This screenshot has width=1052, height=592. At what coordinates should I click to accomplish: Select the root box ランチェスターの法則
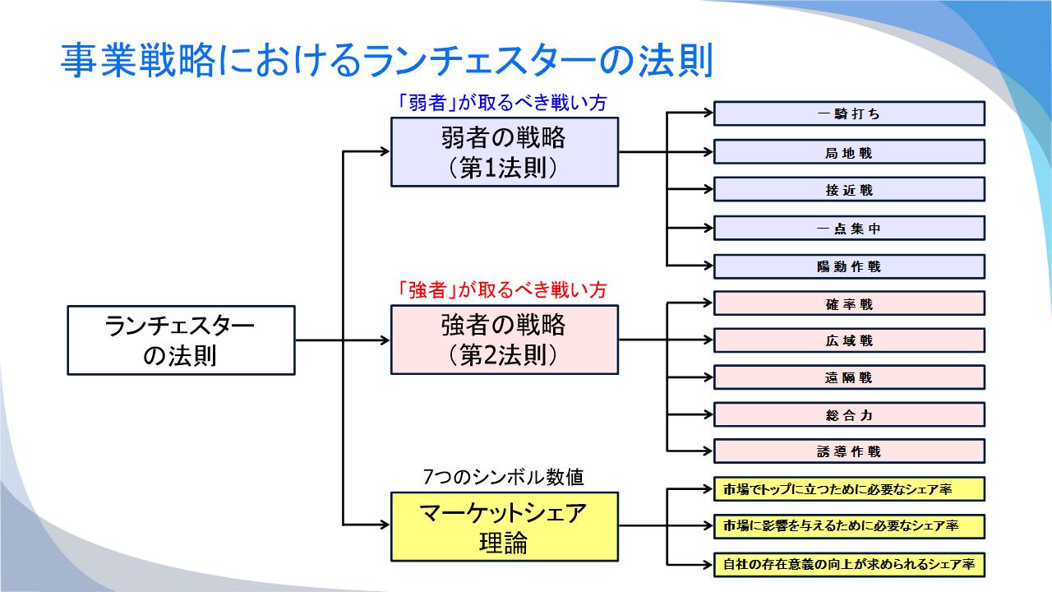(180, 340)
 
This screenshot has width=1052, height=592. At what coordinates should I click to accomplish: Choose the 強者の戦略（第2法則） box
(504, 340)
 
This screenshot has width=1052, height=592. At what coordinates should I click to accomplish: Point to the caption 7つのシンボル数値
(503, 476)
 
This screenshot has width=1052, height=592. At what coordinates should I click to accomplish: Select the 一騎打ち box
(849, 113)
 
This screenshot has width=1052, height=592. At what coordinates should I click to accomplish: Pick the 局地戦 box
(849, 152)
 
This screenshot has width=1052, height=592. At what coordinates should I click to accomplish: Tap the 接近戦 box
(849, 190)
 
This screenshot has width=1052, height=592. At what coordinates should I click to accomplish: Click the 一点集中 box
(849, 229)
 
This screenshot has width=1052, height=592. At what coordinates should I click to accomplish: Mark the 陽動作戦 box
(849, 266)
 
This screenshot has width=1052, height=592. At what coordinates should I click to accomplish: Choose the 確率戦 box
(849, 303)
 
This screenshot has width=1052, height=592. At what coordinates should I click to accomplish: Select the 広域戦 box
(849, 340)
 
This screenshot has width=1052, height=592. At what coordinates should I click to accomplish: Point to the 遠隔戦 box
(849, 377)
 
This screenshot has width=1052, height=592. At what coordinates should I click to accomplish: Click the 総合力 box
(849, 414)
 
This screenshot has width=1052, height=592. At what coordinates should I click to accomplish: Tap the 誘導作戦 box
(849, 451)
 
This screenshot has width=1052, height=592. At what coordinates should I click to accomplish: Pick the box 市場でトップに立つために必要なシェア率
(849, 489)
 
